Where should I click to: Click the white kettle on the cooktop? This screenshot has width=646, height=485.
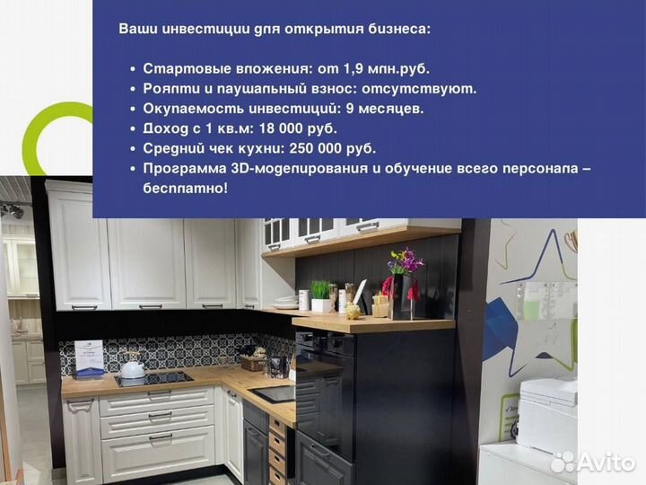pos(133,366)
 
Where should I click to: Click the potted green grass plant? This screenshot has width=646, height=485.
pos(320,292)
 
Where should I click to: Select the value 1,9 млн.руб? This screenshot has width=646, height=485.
pos(389,68)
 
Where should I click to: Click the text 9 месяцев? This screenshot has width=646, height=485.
pos(384,109)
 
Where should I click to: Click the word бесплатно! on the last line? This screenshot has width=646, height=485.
pos(185,188)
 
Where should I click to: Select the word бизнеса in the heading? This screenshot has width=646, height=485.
pos(398,29)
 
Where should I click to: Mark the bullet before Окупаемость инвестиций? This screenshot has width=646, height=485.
pos(133,109)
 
